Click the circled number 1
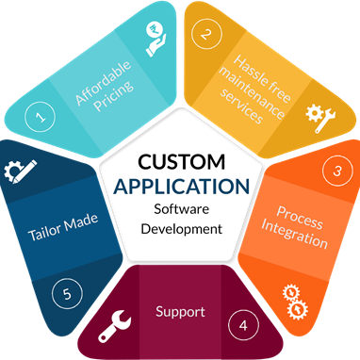click(40, 116)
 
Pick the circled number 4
click(244, 325)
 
